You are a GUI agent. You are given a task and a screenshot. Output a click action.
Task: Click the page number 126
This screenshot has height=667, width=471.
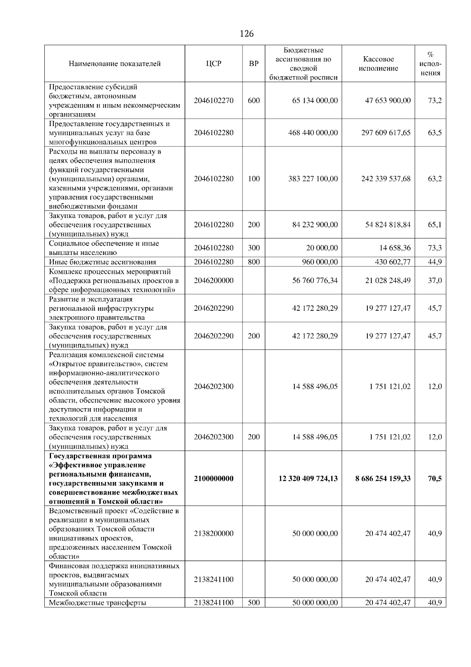pos(246,34)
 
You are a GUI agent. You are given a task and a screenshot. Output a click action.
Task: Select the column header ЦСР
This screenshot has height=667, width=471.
pos(214,64)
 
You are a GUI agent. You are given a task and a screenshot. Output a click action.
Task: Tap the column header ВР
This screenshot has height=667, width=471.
pos(254,64)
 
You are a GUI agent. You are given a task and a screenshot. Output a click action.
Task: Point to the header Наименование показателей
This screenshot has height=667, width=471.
pos(115,64)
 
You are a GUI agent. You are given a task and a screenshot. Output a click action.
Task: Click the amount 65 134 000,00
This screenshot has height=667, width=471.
pos(315,101)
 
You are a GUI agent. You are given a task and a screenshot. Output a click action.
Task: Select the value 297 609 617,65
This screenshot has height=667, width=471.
pos(386,133)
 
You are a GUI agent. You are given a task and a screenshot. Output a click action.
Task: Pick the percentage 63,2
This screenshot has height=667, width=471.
pos(434,179)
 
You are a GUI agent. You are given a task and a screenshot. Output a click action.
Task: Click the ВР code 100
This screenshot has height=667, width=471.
pos(254,179)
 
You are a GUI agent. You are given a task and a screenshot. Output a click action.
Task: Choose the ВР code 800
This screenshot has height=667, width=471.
pos(254,262)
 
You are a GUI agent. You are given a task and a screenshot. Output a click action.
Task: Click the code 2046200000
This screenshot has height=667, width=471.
pos(214,280)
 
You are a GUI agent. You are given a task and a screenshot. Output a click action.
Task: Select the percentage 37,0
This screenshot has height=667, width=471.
pos(434,280)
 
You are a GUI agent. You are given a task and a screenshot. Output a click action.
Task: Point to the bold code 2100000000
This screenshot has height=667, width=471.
pos(214,478)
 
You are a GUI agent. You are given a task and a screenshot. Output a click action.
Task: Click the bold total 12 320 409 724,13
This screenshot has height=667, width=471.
pos(308,478)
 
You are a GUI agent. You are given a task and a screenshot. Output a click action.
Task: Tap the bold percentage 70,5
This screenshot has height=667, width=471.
pos(434,478)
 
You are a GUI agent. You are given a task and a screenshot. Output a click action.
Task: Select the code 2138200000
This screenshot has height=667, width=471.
pos(214,533)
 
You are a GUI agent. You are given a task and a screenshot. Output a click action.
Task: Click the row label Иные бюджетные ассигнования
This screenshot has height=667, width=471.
pos(102,262)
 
